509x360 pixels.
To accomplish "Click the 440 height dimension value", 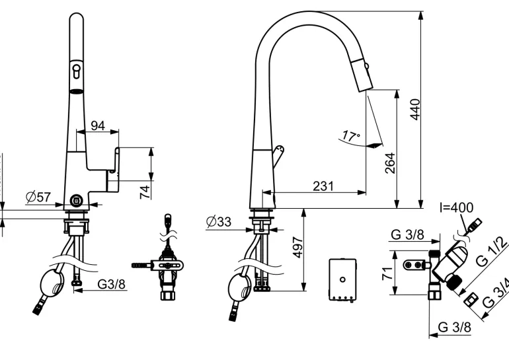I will pos(415,108).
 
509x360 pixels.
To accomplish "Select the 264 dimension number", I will pos(390,164).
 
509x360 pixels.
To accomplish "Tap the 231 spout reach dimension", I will pos(323,186).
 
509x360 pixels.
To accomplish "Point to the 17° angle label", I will pos(351,137).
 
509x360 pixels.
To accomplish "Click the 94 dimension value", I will pos(98,126).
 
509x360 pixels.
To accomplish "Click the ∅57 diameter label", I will pos(38,197).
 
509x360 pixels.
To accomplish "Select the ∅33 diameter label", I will pos(219,222).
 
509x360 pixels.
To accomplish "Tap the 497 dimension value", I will pos(297,250).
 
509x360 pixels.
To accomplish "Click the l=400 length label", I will pos(456,208).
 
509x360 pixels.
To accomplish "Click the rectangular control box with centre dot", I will pos(342,279).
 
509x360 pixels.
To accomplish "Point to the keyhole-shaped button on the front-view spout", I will pos(77,69).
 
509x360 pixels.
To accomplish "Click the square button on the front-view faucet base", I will pos(76,201).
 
